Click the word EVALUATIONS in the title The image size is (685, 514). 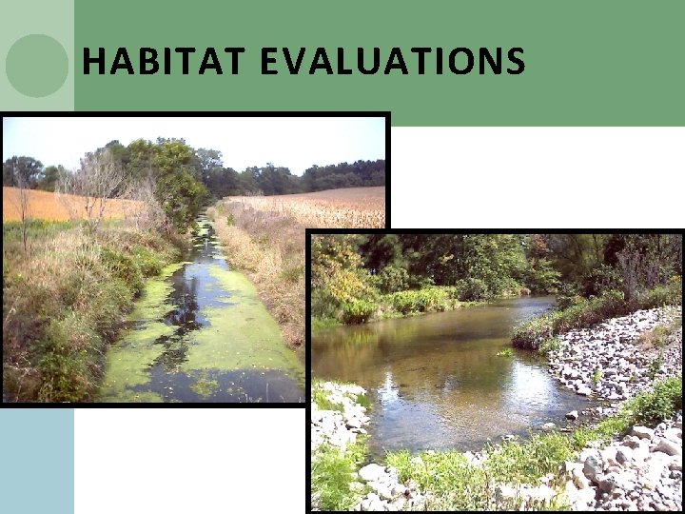391,62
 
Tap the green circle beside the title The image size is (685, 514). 36,66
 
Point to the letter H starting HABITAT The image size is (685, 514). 92,62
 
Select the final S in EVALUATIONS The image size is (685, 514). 516,62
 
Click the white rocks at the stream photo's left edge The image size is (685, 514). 338,419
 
